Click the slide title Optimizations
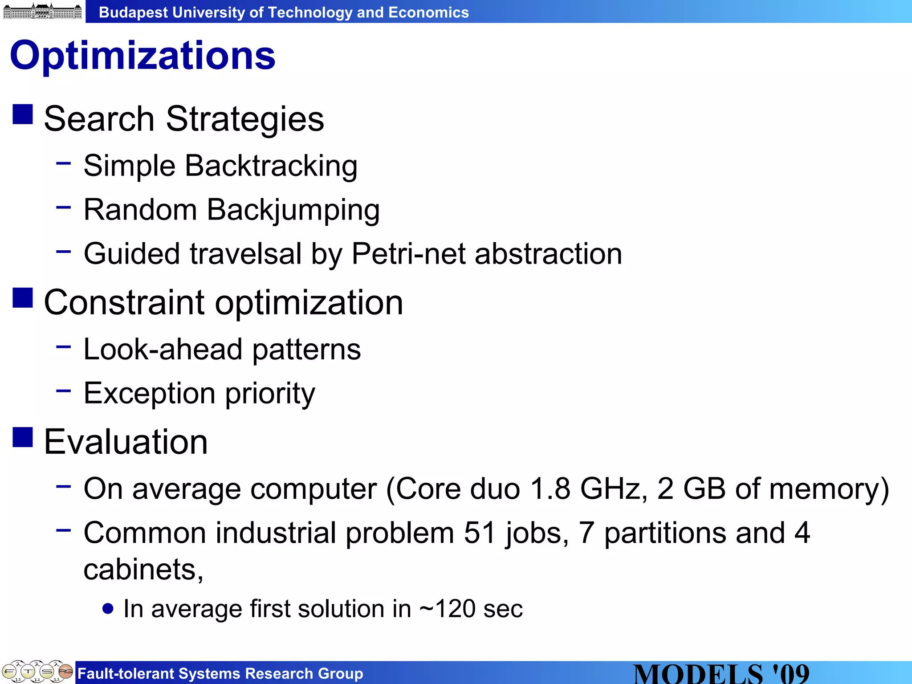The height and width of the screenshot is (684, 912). click(142, 56)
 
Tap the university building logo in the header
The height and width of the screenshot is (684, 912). click(42, 11)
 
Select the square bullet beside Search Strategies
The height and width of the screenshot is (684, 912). click(23, 114)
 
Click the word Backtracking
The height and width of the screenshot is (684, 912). click(271, 166)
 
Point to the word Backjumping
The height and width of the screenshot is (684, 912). click(293, 210)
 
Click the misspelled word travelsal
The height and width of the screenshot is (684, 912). click(246, 254)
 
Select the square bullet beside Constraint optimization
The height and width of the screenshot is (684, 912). click(23, 297)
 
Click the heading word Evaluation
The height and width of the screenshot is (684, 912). click(126, 442)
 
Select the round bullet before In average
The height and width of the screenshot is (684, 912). click(107, 608)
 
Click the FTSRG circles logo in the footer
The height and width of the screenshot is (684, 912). click(37, 671)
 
